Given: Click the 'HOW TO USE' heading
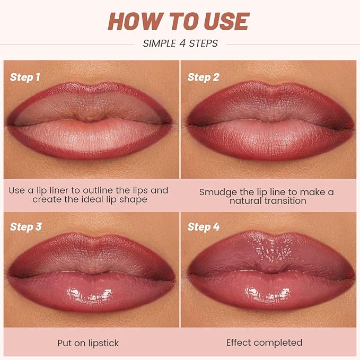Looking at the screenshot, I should (180, 21).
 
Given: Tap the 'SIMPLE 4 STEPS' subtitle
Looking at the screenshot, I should (180, 43).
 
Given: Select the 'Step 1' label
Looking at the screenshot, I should (25, 77).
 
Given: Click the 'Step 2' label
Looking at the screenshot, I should (203, 77).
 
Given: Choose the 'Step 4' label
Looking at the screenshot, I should (203, 227).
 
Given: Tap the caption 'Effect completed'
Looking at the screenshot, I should (264, 343).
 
